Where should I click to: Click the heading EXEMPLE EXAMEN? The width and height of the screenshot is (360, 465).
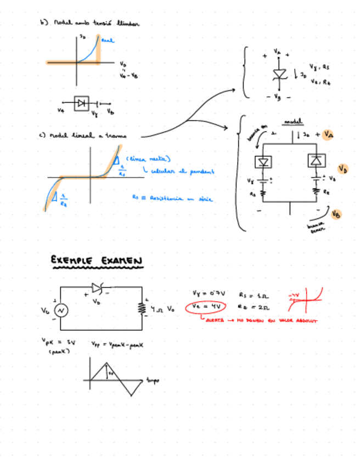click(97, 260)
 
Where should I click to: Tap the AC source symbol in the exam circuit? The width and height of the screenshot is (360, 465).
click(60, 310)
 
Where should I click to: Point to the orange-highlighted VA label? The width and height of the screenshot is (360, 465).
click(328, 134)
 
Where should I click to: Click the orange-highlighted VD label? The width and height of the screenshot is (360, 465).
click(342, 169)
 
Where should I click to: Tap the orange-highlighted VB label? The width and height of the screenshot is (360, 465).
click(336, 214)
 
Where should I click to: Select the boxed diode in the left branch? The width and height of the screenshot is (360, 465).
click(263, 161)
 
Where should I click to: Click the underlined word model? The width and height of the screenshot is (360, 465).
click(291, 122)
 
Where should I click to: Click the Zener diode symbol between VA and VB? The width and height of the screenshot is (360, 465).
click(278, 75)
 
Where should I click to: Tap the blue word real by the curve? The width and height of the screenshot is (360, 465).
click(108, 40)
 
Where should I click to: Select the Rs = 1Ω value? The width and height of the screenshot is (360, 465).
click(250, 294)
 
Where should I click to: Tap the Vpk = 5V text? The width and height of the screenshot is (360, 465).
click(58, 342)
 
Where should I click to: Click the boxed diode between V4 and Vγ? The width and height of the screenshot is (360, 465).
click(82, 103)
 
